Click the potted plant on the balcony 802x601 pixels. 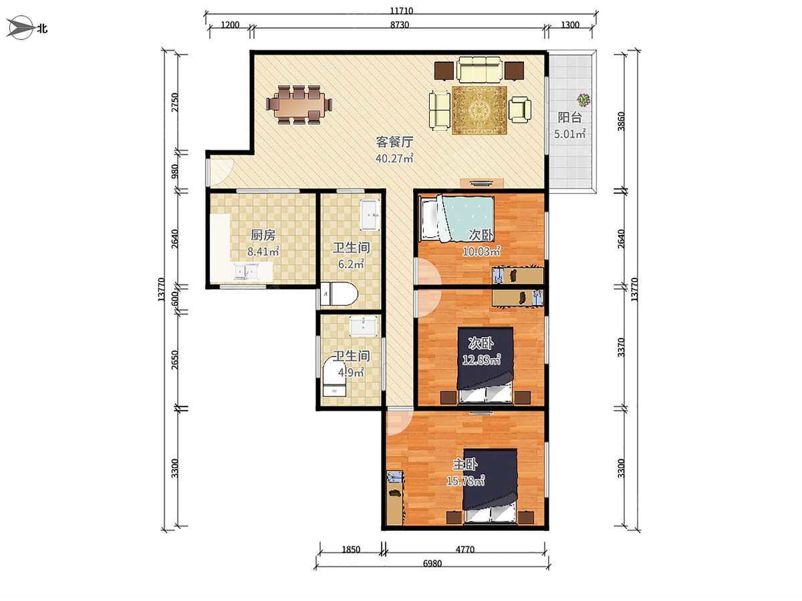coord(583,100)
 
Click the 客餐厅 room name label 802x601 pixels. coord(394,142)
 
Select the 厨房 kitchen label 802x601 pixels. coord(263,235)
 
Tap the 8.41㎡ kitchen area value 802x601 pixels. coord(263,252)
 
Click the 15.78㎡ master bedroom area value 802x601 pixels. coord(465,480)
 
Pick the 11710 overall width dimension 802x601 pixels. coord(400,11)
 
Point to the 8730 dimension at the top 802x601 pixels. coord(400,25)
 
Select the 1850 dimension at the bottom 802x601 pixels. coord(351,550)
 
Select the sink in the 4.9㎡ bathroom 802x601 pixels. coord(364,325)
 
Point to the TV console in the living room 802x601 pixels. coord(481,182)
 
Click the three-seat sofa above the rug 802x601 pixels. coord(480,69)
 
